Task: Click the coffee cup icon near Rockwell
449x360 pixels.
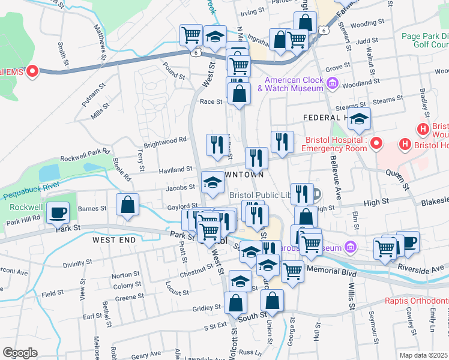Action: (x=58, y=212)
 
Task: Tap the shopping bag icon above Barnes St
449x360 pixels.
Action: (x=127, y=205)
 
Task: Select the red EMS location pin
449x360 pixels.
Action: (x=32, y=72)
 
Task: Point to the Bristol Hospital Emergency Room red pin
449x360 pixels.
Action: (x=376, y=143)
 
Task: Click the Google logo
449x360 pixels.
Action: (x=20, y=353)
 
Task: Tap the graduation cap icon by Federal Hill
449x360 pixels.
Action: (x=359, y=119)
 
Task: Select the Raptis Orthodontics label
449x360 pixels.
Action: (x=414, y=304)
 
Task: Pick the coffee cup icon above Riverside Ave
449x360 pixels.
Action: (x=408, y=242)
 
